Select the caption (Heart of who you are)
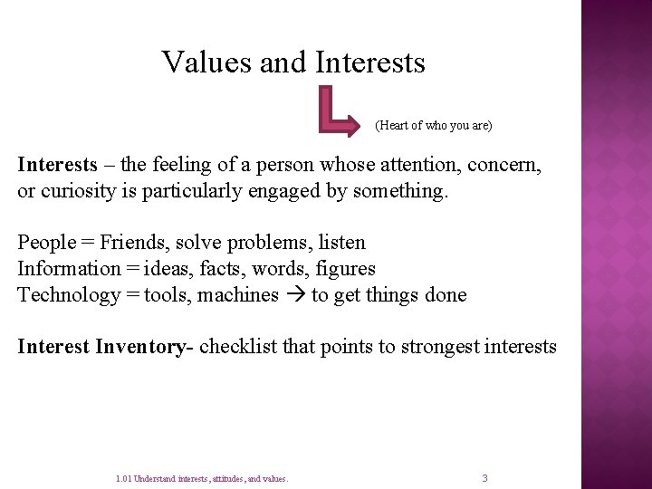click(433, 125)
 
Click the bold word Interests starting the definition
click(56, 166)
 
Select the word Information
click(69, 269)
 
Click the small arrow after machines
click(295, 295)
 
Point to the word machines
click(241, 295)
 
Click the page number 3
click(484, 478)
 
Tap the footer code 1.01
click(124, 479)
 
